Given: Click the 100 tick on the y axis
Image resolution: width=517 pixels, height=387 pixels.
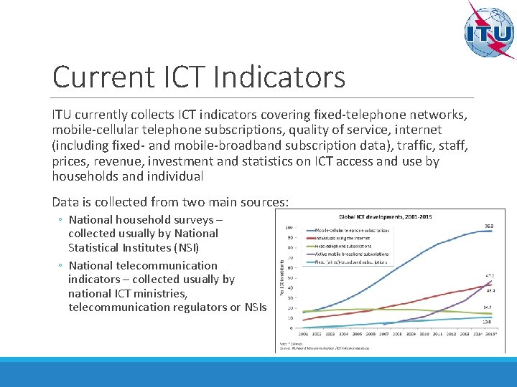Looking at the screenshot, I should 289,229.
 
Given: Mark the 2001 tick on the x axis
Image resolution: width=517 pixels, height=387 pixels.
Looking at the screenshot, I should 305,333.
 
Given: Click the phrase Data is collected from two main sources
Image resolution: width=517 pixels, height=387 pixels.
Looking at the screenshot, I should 170,202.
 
